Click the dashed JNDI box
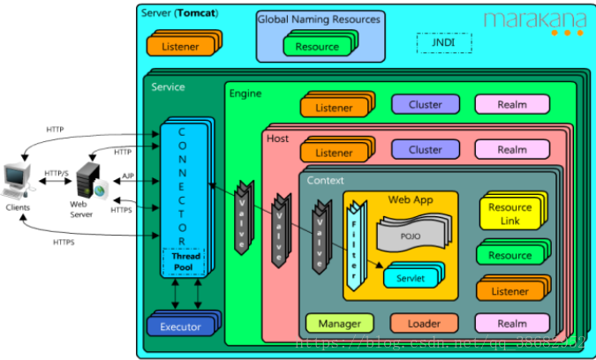[x=444, y=43]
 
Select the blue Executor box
[x=180, y=326]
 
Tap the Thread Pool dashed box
[x=183, y=262]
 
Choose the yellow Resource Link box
[x=509, y=214]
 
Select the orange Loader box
[x=424, y=323]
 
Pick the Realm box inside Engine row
[x=511, y=104]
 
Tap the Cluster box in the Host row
[x=425, y=149]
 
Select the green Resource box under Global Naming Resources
[x=317, y=47]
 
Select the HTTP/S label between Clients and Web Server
[x=57, y=173]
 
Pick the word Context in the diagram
[x=326, y=180]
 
